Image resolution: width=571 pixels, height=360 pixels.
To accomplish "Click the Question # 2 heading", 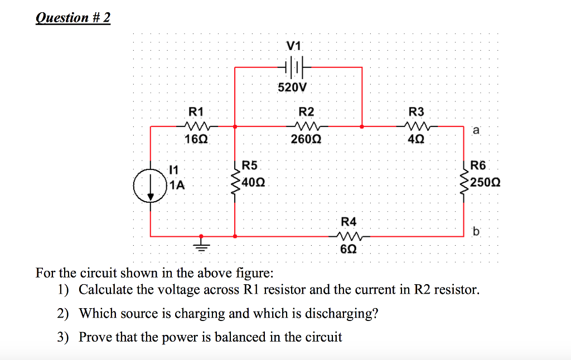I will (73, 18).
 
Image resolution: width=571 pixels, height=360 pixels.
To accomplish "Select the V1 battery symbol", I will (294, 67).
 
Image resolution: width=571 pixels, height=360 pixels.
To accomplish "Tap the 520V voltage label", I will (293, 87).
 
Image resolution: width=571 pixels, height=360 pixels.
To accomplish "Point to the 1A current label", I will (176, 186).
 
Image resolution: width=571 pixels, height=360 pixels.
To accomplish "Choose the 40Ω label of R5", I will (254, 182).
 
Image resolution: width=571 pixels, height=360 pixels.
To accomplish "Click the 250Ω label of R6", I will (485, 182).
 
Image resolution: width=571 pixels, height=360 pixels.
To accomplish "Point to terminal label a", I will (475, 130).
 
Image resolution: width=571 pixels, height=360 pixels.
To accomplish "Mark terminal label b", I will (475, 231).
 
